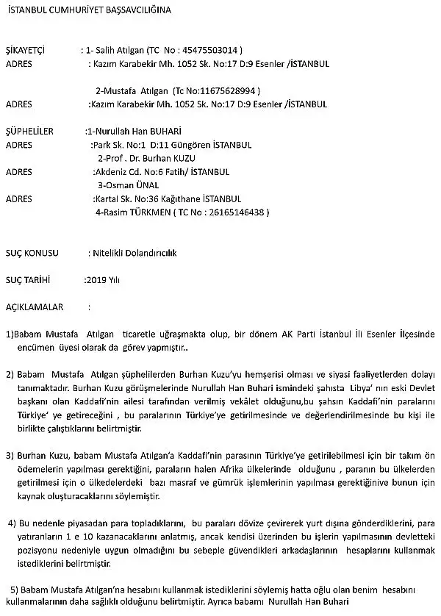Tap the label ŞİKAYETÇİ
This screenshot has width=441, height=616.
tap(25, 51)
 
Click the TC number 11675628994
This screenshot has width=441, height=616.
tap(229, 91)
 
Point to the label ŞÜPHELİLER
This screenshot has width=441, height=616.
tap(29, 132)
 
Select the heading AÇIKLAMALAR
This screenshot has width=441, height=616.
tap(35, 307)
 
